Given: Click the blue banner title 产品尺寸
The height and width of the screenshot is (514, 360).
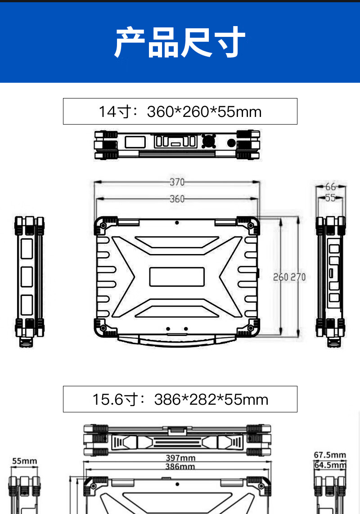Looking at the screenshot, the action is tap(180, 42).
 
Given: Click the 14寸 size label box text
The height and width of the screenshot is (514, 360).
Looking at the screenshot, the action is tap(180, 112).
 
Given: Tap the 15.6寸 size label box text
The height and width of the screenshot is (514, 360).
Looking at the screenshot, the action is tap(180, 399).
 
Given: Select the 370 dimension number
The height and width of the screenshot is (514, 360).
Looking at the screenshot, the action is tap(177, 182).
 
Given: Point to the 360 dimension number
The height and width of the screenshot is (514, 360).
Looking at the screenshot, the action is tap(177, 199).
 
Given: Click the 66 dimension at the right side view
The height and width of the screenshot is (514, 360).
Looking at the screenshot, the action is tap(330, 187).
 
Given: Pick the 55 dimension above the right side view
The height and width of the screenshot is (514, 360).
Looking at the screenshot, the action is tap(330, 198).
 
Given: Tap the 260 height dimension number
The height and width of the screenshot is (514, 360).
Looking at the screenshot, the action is tap(281, 277).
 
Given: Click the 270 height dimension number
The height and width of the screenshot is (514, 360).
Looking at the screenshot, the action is tap(298, 277).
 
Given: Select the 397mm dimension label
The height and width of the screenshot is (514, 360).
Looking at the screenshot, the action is tap(180, 458).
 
